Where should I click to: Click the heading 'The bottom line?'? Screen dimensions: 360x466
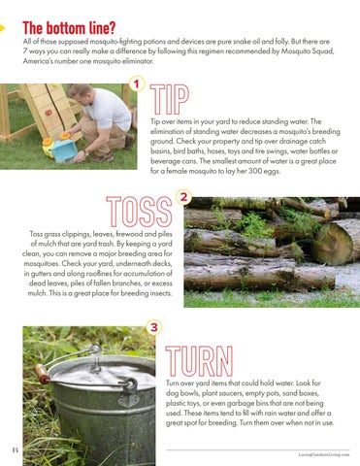pos(69,28)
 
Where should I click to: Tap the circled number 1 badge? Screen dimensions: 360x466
pos(137,84)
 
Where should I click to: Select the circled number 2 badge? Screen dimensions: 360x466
pos(183,197)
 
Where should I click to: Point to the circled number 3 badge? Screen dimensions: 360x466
pos(154,327)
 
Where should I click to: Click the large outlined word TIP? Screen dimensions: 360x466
pos(170,100)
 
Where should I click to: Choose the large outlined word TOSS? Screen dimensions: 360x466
pos(139,212)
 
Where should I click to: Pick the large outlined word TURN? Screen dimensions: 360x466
pos(199,361)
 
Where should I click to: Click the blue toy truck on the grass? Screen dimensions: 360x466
pos(63,149)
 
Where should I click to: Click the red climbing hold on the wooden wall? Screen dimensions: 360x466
pos(49,113)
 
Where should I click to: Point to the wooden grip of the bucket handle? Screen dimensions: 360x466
pos(42,374)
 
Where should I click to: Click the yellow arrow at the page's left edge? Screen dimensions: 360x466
pos(2,28)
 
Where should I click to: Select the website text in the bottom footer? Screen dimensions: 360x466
pos(324,454)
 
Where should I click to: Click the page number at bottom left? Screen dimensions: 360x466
pos(16,449)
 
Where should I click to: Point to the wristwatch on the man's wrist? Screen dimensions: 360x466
pos(85,152)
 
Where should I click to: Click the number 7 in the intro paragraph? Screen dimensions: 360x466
pos(25,51)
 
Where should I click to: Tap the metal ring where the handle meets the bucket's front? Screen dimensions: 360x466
pos(131,385)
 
